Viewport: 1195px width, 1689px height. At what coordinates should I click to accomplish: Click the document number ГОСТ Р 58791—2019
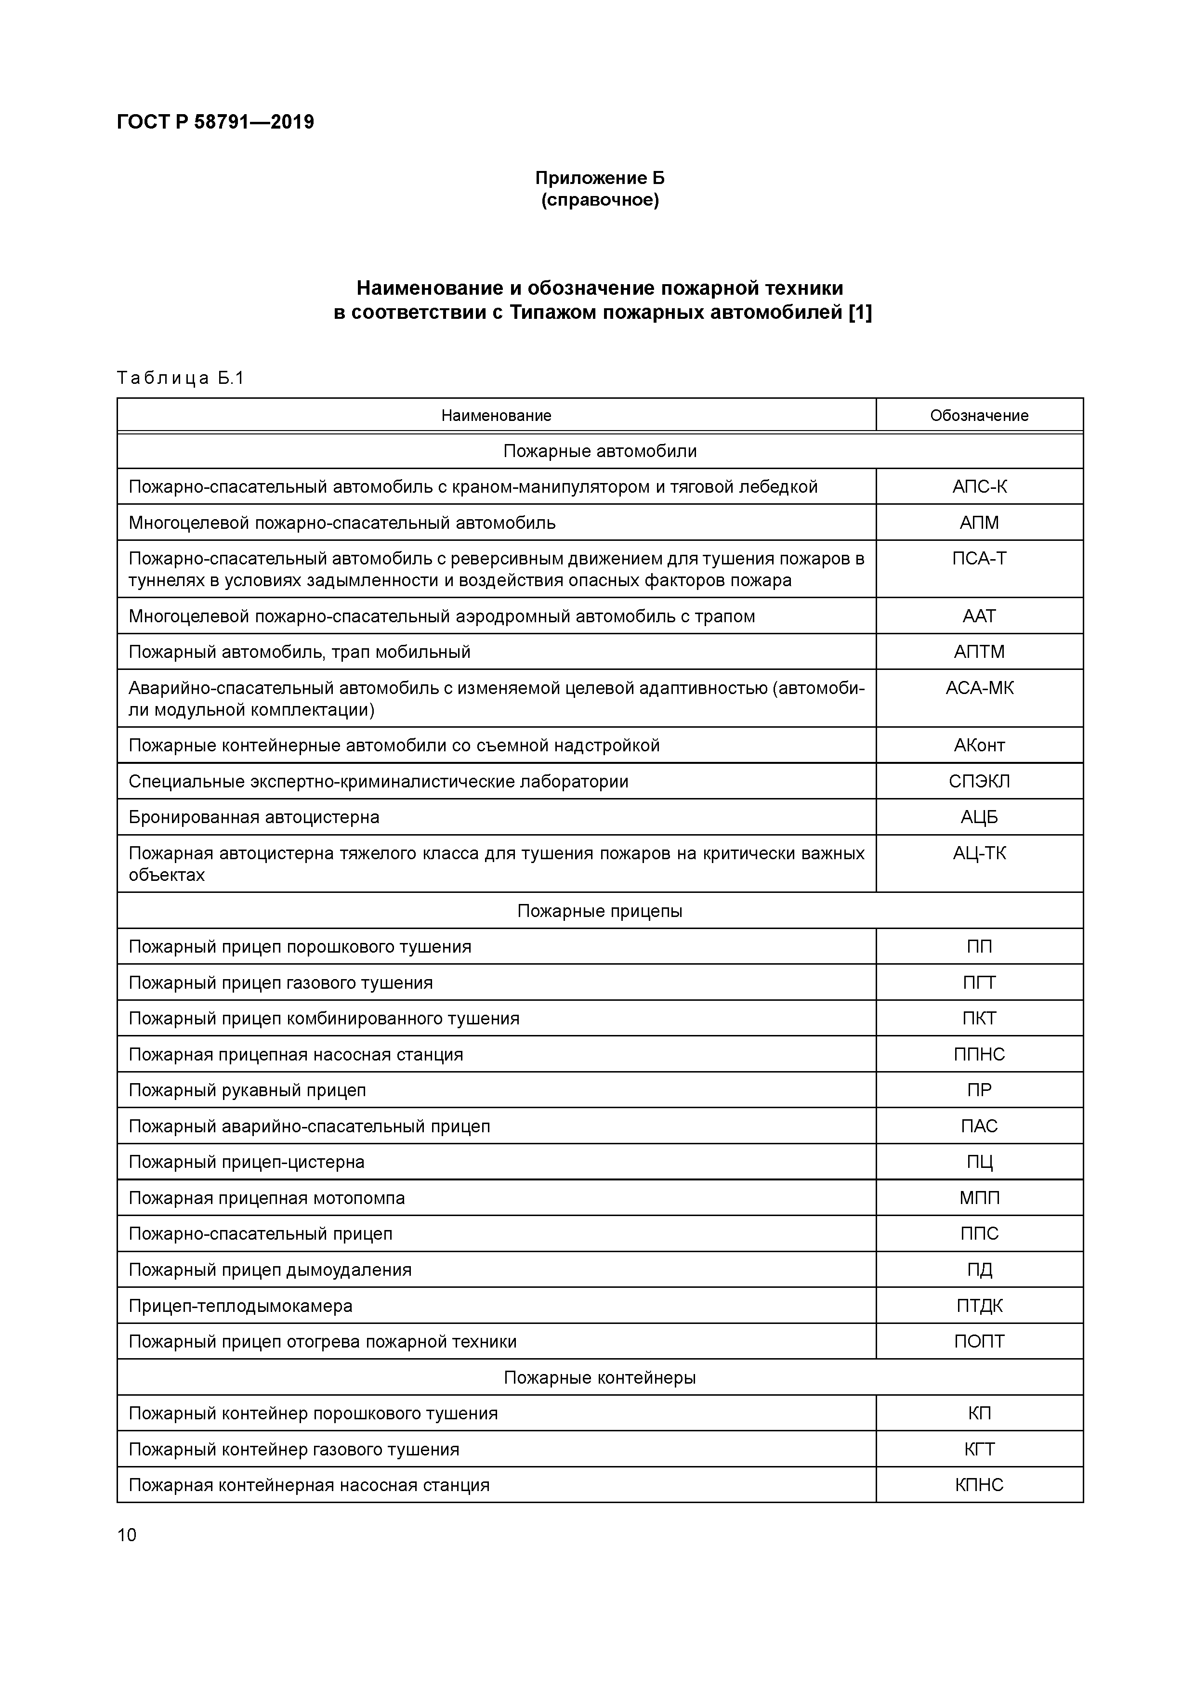[215, 122]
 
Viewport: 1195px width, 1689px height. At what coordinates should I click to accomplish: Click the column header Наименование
[496, 416]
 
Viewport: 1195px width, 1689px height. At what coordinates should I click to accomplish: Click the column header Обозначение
[979, 416]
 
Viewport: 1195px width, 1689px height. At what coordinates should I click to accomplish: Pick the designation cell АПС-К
[979, 487]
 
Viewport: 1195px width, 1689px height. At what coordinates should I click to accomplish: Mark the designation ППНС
[979, 1054]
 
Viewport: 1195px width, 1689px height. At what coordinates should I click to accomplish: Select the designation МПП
[979, 1198]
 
